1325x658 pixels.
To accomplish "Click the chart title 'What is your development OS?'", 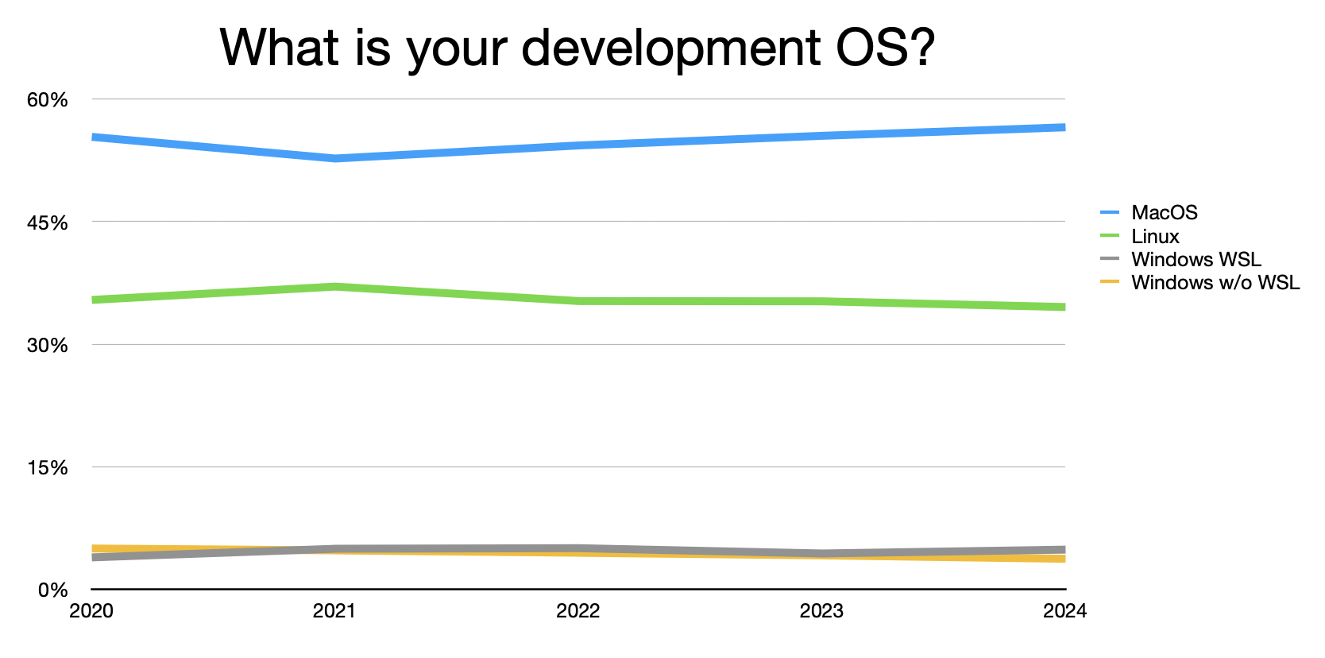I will click(577, 48).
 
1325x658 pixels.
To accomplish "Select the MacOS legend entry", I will click(1164, 213).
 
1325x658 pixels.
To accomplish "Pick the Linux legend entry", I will click(1155, 237).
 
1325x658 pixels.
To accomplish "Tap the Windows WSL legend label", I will click(1196, 260).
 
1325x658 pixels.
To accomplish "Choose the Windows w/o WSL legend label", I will click(1215, 283).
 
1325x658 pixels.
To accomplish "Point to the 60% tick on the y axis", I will click(48, 100).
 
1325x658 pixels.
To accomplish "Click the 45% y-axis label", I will click(48, 223).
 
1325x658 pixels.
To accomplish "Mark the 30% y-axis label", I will click(48, 346).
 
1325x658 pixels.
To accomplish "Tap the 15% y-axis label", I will click(48, 468).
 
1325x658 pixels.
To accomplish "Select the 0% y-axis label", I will click(52, 590).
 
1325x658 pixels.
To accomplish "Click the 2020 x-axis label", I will click(91, 611).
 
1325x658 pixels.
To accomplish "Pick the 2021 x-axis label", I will click(334, 611).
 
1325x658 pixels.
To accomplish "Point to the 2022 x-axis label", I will click(578, 611).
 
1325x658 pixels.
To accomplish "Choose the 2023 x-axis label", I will click(821, 611).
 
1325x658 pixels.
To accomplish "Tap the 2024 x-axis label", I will click(1064, 611).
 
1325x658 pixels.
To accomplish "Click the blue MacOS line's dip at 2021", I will click(335, 158).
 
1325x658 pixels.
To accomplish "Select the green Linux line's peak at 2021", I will click(335, 286).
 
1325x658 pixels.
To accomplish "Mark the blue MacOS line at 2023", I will click(821, 136).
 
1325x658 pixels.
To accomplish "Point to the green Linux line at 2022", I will click(578, 301).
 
